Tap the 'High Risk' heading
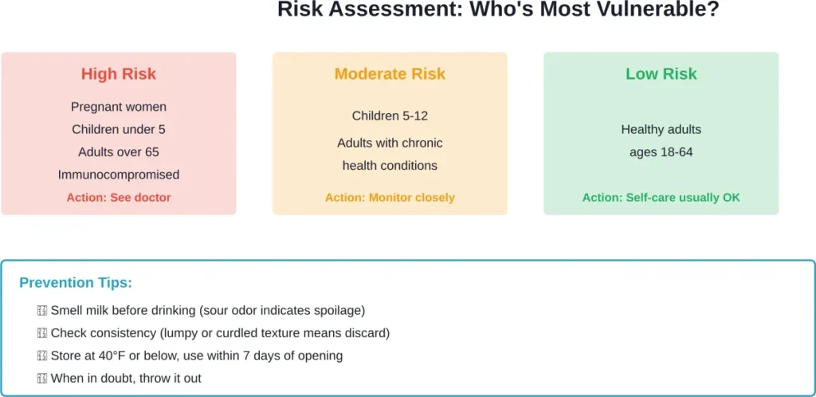coord(119,74)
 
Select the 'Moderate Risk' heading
coord(390,74)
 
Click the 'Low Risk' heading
coord(661,74)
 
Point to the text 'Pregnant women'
coord(119,107)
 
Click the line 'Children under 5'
coord(119,129)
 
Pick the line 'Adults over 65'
coord(119,151)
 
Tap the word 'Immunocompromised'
coord(119,175)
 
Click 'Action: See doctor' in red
coord(119,197)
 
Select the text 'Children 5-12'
coord(390,116)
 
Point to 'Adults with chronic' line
coord(390,143)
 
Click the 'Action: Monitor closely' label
coord(390,197)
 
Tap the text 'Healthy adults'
coord(661,129)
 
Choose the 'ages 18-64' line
coord(661,151)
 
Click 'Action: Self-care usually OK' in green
coord(661,197)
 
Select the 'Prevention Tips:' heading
coord(76,283)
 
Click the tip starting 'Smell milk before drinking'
coord(207,310)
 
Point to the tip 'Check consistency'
coord(219,333)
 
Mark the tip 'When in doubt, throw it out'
coord(126,378)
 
